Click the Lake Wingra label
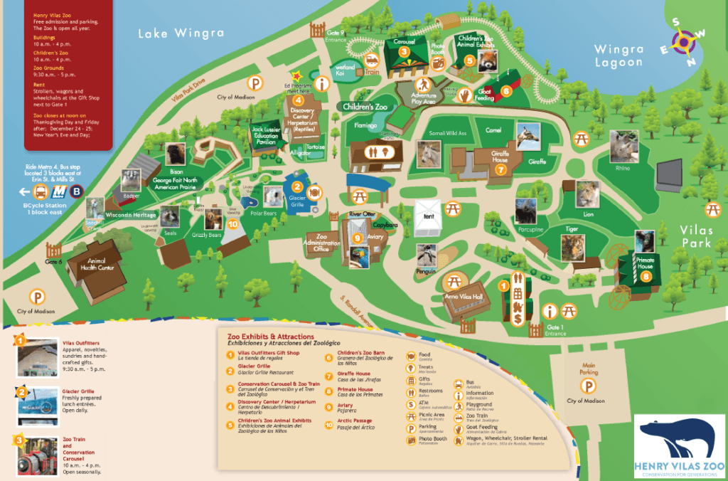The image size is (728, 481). tap(181, 33)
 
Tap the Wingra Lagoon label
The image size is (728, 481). tap(619, 56)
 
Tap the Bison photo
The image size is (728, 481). tap(175, 154)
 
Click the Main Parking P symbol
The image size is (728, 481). tap(588, 386)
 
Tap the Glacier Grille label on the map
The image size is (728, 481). tap(297, 202)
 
